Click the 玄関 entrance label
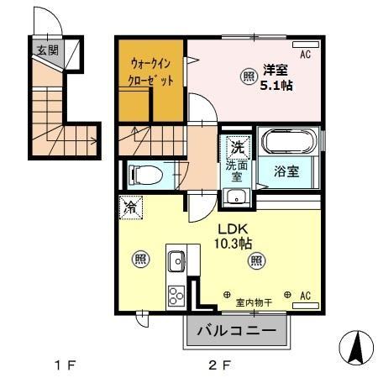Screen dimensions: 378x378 [x=46, y=50]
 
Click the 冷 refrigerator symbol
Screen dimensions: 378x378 [x=131, y=206]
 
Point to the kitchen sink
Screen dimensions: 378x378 [x=176, y=262]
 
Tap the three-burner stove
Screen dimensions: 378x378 [x=177, y=296]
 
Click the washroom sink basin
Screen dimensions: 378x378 [x=236, y=198]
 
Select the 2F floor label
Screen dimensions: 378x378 [x=219, y=365]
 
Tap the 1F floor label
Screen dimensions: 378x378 [x=66, y=365]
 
